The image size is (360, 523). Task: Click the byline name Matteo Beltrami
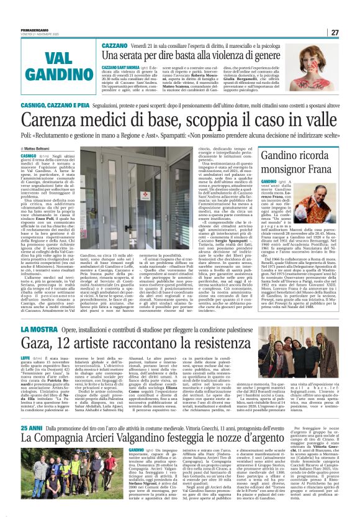click(40, 148)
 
